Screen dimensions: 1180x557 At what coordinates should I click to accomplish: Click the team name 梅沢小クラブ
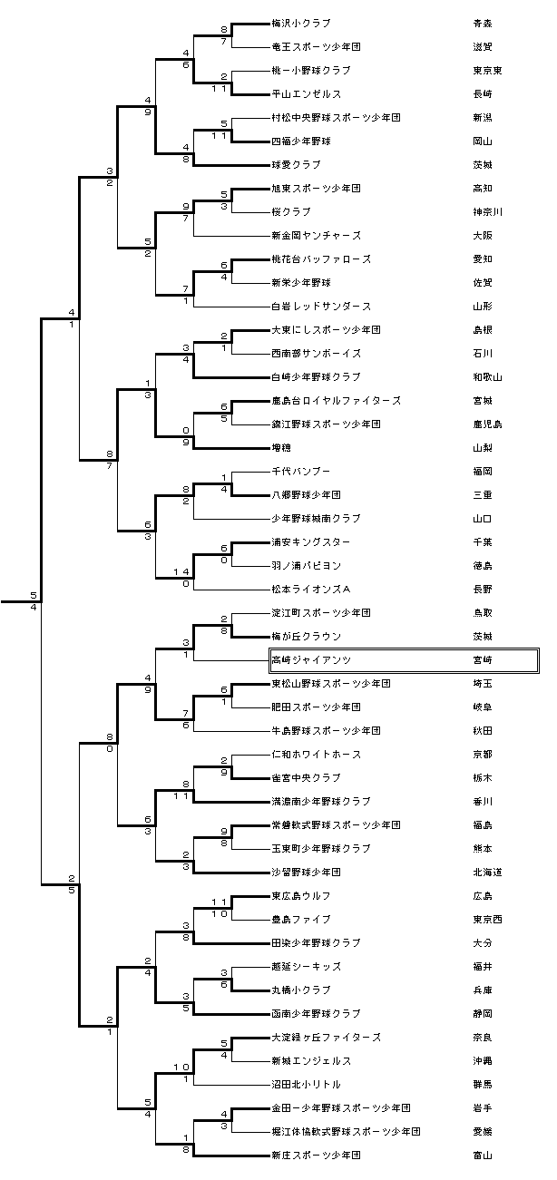301,23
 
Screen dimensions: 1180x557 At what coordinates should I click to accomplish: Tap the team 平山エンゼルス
305,93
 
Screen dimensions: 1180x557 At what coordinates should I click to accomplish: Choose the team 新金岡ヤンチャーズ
314,235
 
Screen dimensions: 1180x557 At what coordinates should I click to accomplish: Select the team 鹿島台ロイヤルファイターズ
336,400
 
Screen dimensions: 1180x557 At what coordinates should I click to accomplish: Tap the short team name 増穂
281,447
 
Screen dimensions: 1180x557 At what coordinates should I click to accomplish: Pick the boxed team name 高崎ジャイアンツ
311,659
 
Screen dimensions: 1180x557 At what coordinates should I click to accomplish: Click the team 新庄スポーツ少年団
316,1155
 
